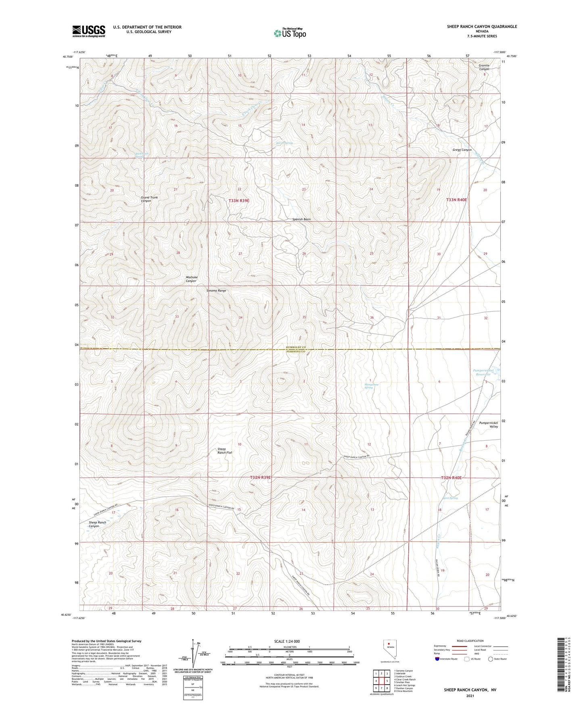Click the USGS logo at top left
(89, 31)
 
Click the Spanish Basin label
(301, 219)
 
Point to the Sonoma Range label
(216, 291)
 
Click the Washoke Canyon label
(191, 279)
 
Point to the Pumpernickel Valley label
(488, 425)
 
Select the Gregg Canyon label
(462, 150)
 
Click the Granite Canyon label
(484, 67)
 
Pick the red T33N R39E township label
(242, 200)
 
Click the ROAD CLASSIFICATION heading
(470, 641)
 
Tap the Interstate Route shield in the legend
(437, 659)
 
